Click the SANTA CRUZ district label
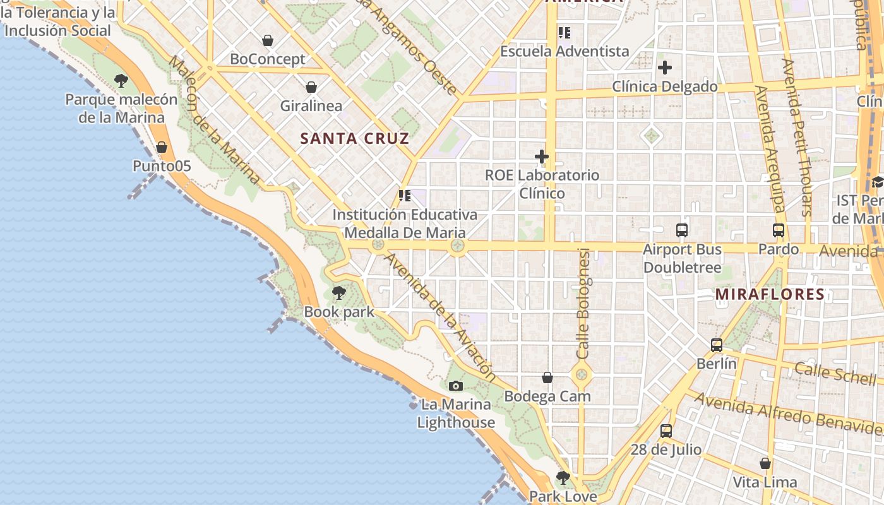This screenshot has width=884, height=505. point(355,139)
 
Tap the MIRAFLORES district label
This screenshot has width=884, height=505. point(770,294)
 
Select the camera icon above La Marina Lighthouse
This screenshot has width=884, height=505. point(455,386)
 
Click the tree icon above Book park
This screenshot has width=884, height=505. point(339,293)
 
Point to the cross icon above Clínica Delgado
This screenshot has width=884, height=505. point(665,68)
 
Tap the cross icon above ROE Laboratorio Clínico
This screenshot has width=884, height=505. point(542,157)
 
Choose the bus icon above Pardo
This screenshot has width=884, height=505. point(779,231)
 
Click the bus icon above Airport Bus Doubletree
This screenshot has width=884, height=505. point(682,230)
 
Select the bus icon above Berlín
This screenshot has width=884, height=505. point(717,345)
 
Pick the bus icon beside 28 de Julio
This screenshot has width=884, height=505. point(666,431)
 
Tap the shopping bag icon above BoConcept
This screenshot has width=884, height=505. point(268,41)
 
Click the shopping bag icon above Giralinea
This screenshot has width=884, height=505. point(311,87)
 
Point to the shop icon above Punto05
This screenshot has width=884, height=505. point(162,147)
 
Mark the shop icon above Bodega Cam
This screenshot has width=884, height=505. point(547,377)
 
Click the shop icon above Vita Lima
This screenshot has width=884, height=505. point(765,464)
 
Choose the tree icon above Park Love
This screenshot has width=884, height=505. point(563,478)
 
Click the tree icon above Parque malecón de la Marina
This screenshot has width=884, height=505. point(121,81)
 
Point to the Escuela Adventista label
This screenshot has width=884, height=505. point(564,51)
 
